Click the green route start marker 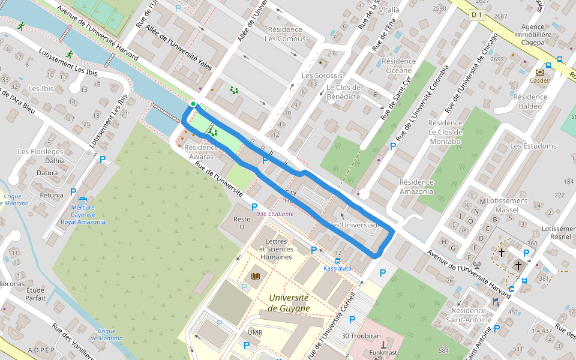coord(193,104)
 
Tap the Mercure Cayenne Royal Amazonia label coord(83,215)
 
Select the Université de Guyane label coord(289,303)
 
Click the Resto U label coord(242,223)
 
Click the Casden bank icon coord(539,72)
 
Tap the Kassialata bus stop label coord(337,269)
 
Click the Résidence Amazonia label coord(416,187)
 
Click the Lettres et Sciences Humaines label coord(276,249)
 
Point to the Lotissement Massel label coord(507,206)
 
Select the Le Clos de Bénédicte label coord(343,92)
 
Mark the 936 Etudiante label coord(275,214)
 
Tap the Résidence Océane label coord(398,66)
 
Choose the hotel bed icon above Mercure coord(84,199)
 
